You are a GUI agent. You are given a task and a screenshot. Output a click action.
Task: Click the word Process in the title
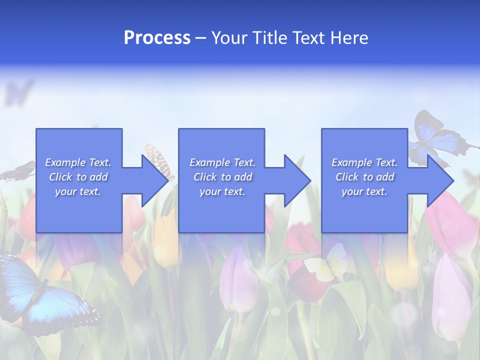[157, 38]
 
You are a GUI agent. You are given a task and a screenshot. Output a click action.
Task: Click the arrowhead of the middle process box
[296, 180]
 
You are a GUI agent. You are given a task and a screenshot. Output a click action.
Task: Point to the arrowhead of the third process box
[439, 180]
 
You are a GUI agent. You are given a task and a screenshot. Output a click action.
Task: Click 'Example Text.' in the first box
[78, 162]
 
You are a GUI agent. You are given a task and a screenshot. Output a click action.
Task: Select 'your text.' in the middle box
[222, 191]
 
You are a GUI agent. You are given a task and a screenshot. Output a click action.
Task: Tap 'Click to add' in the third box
[364, 177]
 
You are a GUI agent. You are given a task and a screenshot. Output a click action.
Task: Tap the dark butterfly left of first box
[17, 172]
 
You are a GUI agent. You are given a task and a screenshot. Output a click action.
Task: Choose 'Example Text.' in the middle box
[222, 162]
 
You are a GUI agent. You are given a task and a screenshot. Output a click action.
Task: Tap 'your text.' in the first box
[78, 191]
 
